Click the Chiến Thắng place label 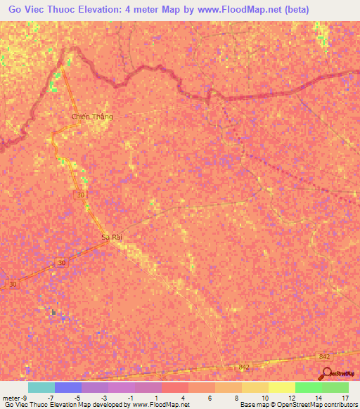[92, 117]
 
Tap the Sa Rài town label [112, 238]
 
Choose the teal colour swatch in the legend [41, 387]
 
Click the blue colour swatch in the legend [68, 387]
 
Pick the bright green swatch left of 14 [308, 387]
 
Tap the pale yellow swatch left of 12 [281, 387]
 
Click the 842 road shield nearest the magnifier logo [324, 357]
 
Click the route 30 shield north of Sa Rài [81, 195]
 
